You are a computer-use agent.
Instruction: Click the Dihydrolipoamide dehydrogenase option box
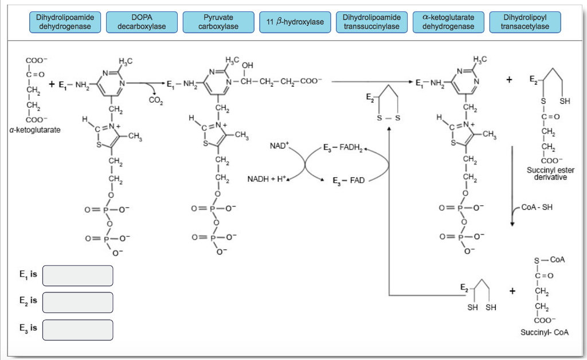[65, 22]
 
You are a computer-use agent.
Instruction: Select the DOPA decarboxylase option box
[142, 22]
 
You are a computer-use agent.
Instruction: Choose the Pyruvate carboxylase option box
[218, 22]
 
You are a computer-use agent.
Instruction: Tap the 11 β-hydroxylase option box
[295, 22]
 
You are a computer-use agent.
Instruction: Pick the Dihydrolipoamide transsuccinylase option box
[371, 22]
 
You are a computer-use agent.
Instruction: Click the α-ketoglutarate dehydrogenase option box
[448, 22]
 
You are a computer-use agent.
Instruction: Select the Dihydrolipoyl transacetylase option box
[525, 22]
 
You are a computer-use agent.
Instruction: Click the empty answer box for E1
[77, 276]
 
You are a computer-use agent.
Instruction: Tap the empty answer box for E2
[77, 302]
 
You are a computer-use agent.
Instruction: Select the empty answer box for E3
[77, 330]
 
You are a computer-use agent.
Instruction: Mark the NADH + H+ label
[268, 179]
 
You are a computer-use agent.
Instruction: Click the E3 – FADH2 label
[343, 148]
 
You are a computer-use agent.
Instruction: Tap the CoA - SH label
[537, 208]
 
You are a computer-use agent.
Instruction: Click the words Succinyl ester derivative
[547, 174]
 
